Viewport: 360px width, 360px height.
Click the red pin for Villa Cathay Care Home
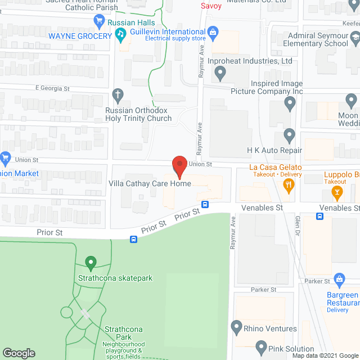179,165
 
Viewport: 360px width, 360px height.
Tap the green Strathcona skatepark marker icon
89,262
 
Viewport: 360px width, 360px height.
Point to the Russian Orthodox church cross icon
118,94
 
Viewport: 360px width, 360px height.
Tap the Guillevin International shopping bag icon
213,33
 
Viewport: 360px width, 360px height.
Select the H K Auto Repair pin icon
289,135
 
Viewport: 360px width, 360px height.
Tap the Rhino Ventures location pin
236,326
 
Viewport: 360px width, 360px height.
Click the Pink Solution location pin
260,347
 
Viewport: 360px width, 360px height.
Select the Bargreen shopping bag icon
339,279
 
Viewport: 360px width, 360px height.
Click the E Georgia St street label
52,88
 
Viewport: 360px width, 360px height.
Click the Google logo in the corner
19,353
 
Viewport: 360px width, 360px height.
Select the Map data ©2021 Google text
325,355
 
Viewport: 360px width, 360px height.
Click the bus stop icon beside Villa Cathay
205,204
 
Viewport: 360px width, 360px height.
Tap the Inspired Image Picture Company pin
290,102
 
